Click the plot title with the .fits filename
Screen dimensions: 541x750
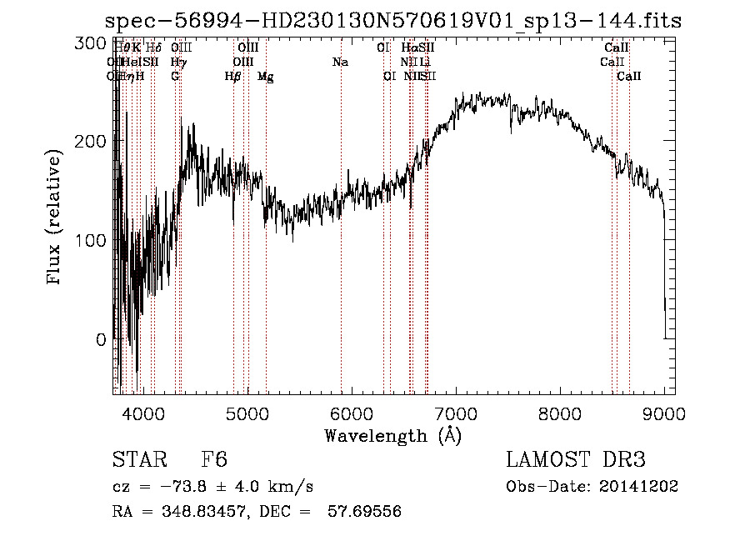click(x=396, y=21)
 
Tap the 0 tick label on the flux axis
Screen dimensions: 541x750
click(x=102, y=340)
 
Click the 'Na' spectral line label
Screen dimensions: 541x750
click(x=340, y=63)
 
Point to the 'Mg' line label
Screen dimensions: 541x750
click(x=265, y=77)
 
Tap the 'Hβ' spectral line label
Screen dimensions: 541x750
click(x=233, y=77)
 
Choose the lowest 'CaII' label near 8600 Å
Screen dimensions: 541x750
click(x=628, y=77)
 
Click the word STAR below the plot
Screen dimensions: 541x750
click(x=133, y=461)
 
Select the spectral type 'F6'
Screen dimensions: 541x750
click(x=214, y=461)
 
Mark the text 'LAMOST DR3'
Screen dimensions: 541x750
click(x=575, y=461)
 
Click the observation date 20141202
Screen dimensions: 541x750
click(x=638, y=487)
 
